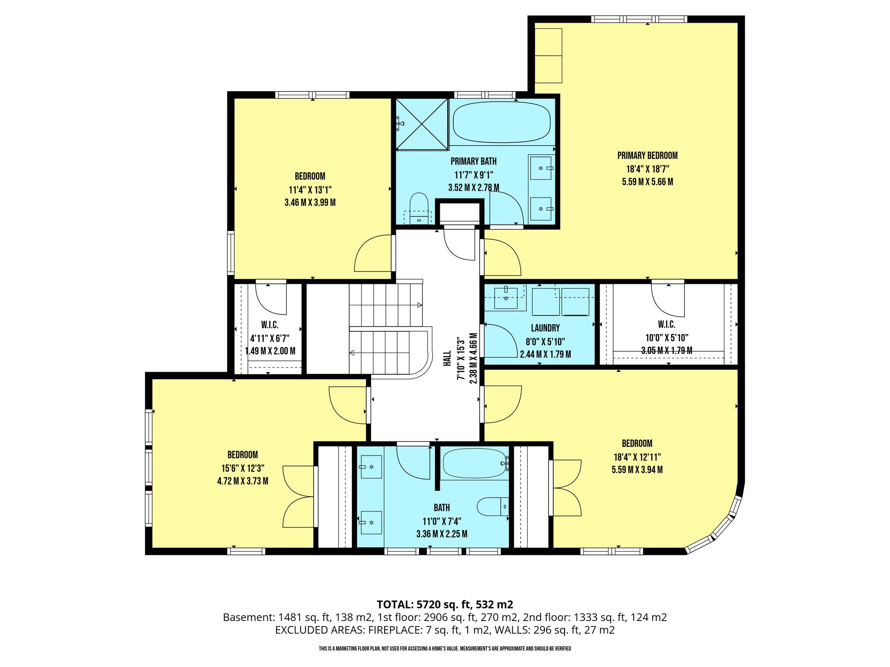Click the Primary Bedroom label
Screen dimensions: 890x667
[x=647, y=155]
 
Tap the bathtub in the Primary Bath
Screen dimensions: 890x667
[x=501, y=122]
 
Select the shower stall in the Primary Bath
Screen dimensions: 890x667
[x=422, y=124]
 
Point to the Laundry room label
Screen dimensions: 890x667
[x=545, y=328]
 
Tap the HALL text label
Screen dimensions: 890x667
[x=447, y=359]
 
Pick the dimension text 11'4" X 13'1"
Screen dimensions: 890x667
[x=310, y=190]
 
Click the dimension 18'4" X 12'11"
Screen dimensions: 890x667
[x=637, y=457]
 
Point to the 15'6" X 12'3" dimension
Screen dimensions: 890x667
[x=242, y=468]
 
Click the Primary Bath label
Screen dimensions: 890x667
[x=473, y=162]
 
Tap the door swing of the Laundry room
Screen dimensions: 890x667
[x=501, y=341]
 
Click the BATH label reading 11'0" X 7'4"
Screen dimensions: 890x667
[x=442, y=508]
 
